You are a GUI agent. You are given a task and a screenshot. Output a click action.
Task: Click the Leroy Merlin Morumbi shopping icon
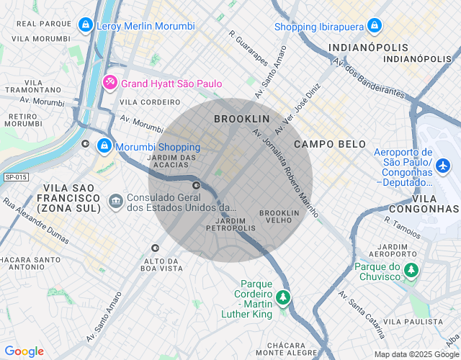pyautogui.click(x=86, y=26)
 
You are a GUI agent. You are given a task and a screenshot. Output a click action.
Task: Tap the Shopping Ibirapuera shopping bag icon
pyautogui.click(x=373, y=27)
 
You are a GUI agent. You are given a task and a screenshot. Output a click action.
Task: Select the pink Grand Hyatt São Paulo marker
pyautogui.click(x=110, y=83)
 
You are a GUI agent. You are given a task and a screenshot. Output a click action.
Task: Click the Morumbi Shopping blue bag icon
pyautogui.click(x=104, y=147)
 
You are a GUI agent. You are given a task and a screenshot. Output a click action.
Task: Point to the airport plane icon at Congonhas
pyautogui.click(x=444, y=166)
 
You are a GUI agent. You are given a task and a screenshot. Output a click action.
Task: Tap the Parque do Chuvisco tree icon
pyautogui.click(x=411, y=271)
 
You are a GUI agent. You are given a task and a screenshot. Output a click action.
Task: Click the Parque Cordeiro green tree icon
pyautogui.click(x=284, y=297)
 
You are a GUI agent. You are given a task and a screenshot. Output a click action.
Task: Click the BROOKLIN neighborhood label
pyautogui.click(x=241, y=118)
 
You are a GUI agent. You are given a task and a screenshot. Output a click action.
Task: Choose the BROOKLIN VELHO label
pyautogui.click(x=279, y=217)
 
